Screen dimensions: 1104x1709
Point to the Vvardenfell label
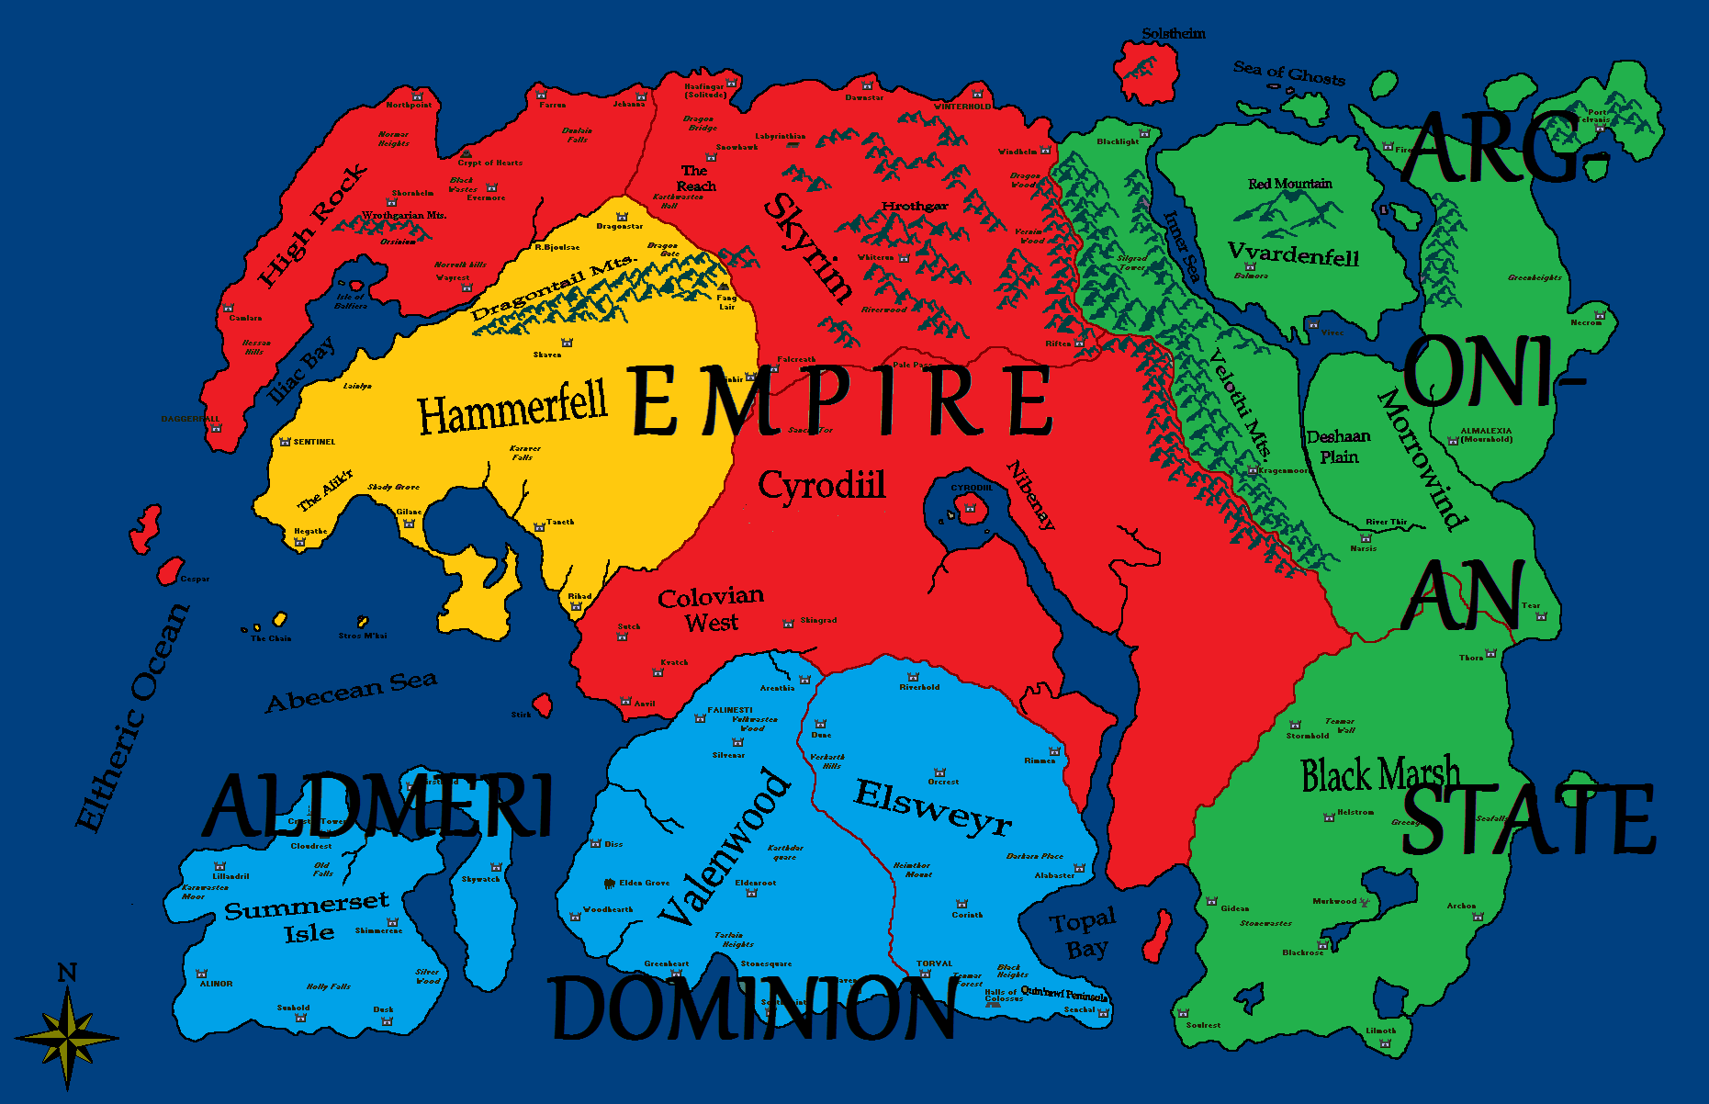point(1293,254)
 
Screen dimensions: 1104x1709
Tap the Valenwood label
point(725,849)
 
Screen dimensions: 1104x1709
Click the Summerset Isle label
point(308,918)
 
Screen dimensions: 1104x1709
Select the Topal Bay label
point(1085,935)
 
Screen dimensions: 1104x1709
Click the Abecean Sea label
point(351,692)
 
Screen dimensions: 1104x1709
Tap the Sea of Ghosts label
point(1288,73)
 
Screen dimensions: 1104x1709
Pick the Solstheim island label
point(1174,34)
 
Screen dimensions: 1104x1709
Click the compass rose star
point(67,1038)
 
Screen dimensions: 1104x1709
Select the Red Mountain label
point(1289,184)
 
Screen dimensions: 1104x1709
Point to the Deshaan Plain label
point(1338,446)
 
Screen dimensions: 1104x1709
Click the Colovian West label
point(711,609)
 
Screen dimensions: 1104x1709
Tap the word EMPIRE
point(840,400)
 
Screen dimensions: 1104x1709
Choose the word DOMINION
point(753,1008)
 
